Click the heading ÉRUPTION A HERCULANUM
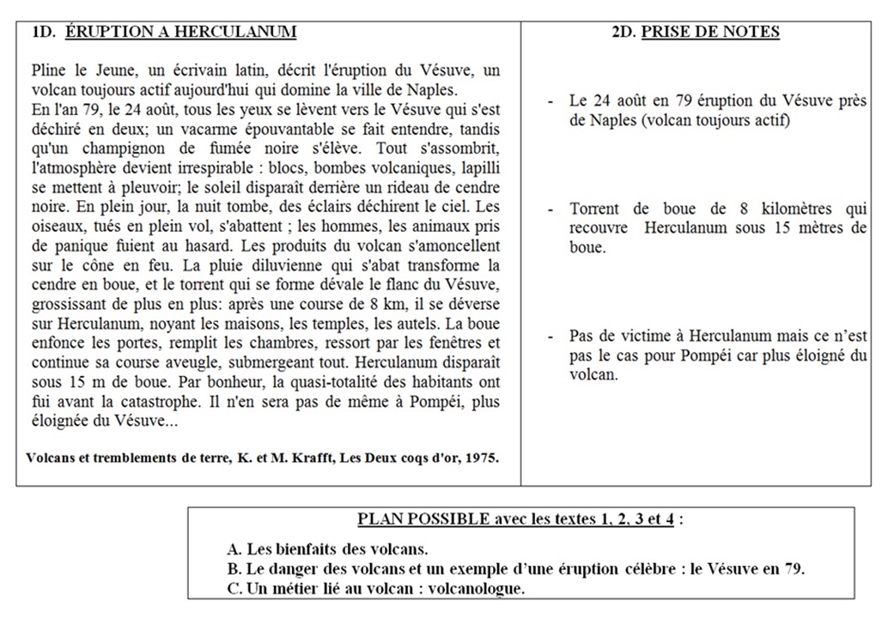pyautogui.click(x=180, y=33)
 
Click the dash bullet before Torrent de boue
pyautogui.click(x=550, y=209)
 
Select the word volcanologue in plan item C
pyautogui.click(x=476, y=588)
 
